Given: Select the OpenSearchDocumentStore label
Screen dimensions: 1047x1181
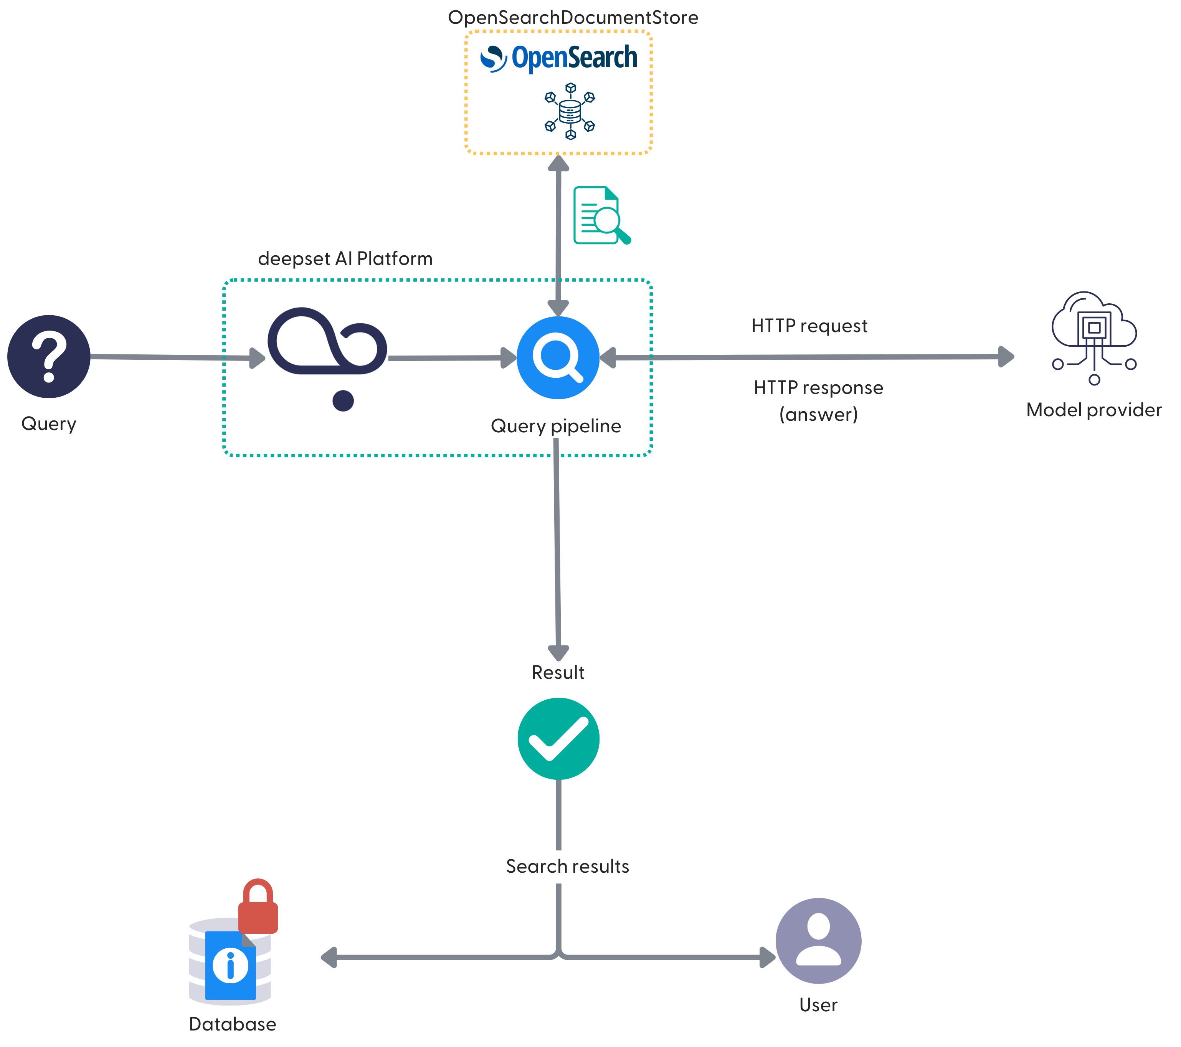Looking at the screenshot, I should pyautogui.click(x=573, y=17).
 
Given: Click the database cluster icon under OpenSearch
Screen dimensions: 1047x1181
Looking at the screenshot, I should pyautogui.click(x=570, y=111).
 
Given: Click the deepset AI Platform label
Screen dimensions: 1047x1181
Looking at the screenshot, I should pyautogui.click(x=345, y=258).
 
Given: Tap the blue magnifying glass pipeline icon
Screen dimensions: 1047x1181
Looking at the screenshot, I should pyautogui.click(x=558, y=358).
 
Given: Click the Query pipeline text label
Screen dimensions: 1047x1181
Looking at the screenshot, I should pyautogui.click(x=555, y=426).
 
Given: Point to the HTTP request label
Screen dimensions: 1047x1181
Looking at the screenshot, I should pyautogui.click(x=809, y=326).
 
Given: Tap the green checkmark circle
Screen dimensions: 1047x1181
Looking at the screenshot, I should pyautogui.click(x=558, y=738).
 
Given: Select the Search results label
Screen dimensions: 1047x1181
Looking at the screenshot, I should pyautogui.click(x=567, y=866).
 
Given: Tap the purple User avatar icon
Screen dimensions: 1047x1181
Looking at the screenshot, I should pyautogui.click(x=818, y=941).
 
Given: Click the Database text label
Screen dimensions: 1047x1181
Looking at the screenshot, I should pyautogui.click(x=232, y=1024).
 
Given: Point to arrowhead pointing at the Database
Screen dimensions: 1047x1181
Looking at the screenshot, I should pyautogui.click(x=329, y=958).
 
